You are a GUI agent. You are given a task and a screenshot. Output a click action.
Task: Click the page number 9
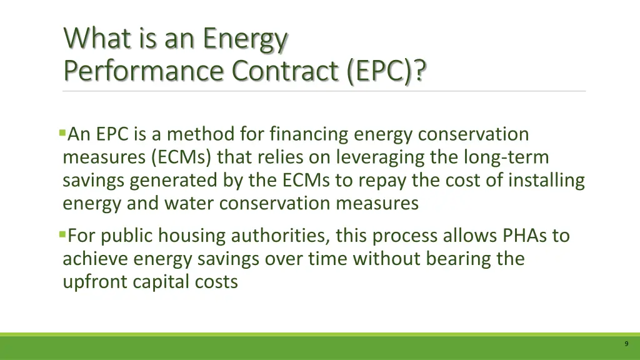tap(626, 344)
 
